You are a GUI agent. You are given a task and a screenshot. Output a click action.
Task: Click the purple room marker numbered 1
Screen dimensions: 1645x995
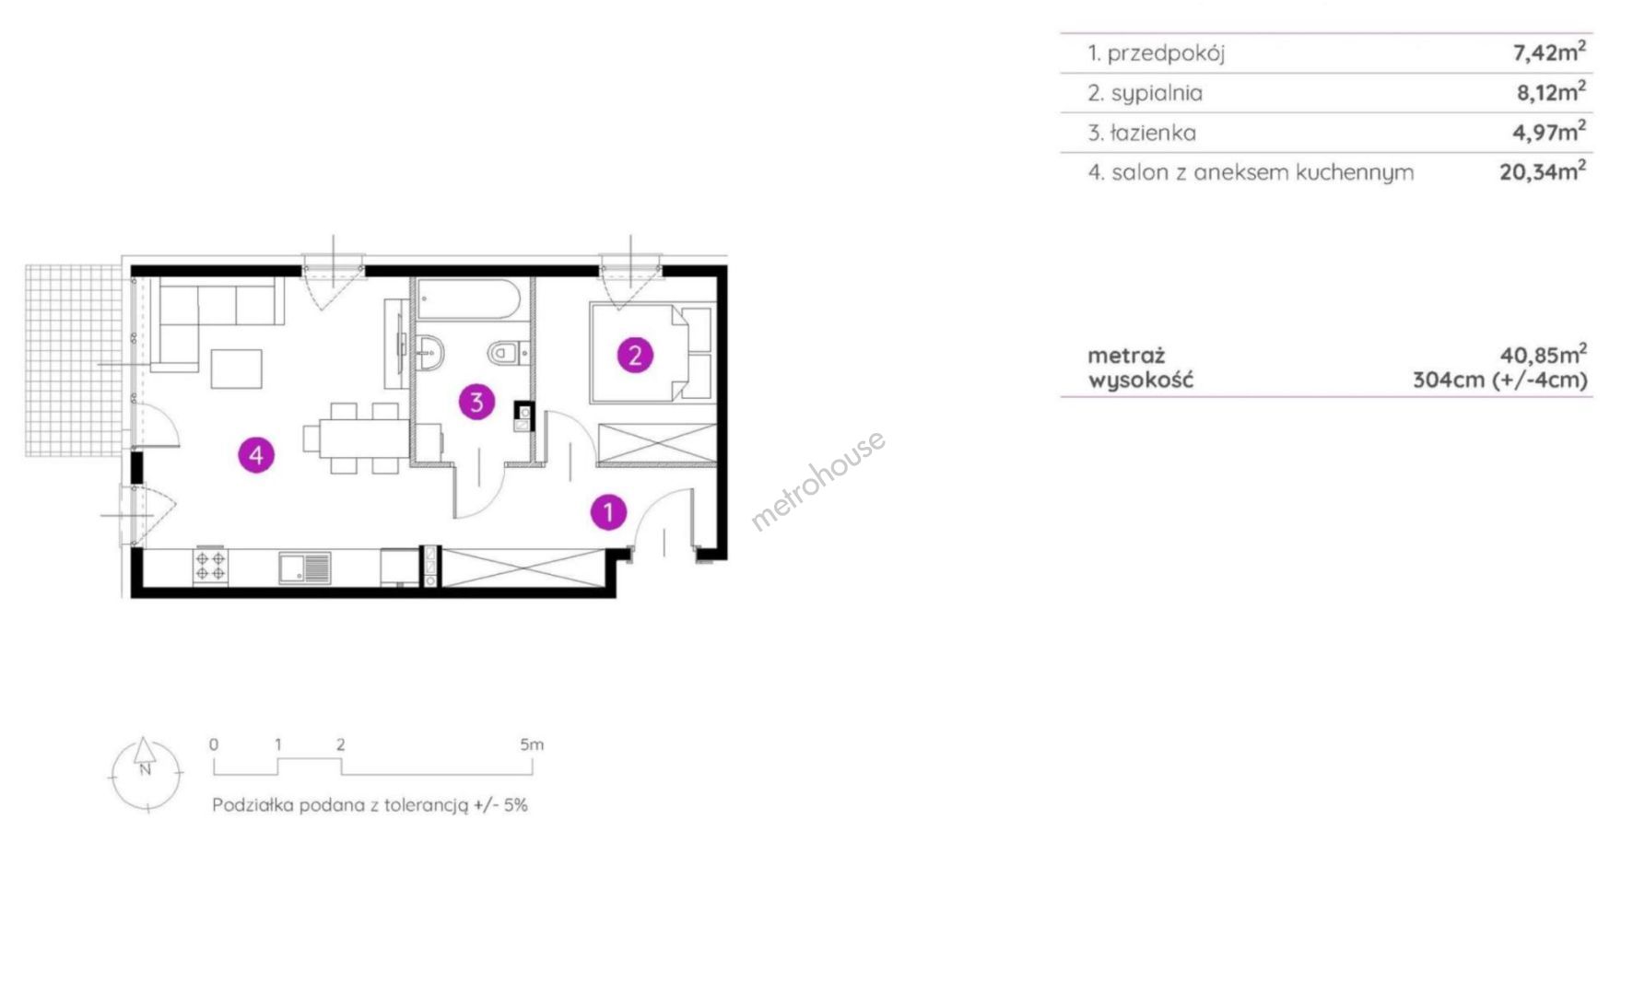[608, 512]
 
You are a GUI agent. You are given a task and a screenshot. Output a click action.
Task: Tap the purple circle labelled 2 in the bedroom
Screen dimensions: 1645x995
[635, 356]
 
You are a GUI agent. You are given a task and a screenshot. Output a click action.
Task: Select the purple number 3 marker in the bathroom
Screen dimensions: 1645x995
[476, 402]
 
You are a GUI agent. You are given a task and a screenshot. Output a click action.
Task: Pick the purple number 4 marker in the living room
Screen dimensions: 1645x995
[256, 454]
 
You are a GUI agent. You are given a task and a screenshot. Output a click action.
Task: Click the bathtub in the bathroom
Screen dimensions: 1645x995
[471, 299]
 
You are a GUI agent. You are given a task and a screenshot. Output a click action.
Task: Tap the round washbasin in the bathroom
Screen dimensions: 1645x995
[429, 351]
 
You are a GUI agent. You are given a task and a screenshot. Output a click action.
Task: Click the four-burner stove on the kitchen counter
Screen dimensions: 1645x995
[210, 566]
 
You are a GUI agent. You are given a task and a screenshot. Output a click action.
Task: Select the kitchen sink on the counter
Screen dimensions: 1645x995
[305, 568]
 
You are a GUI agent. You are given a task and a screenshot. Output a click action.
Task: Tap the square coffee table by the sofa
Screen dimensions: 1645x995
[237, 369]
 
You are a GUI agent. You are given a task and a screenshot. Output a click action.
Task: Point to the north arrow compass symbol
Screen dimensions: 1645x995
[146, 775]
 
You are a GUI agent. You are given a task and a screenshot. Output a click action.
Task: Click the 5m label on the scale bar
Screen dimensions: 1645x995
[532, 744]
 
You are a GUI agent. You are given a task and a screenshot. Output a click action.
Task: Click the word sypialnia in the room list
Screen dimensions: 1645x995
[1157, 93]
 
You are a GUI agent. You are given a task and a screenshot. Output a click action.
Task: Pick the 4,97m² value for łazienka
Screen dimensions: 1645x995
[1549, 132]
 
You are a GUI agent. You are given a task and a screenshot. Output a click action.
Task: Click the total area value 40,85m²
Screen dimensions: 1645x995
[1544, 354]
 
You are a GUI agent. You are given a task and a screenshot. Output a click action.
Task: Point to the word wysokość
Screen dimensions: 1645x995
[1140, 380]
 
